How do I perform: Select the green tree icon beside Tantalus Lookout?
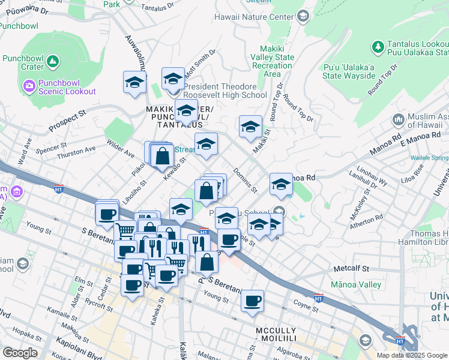(x=378, y=47)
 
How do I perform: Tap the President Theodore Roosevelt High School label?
(x=225, y=91)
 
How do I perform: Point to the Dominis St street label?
(x=246, y=180)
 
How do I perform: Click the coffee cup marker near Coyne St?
(x=253, y=300)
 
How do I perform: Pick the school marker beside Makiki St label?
(x=250, y=127)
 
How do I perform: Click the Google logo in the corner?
(x=20, y=353)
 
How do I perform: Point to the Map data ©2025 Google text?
(x=412, y=355)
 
